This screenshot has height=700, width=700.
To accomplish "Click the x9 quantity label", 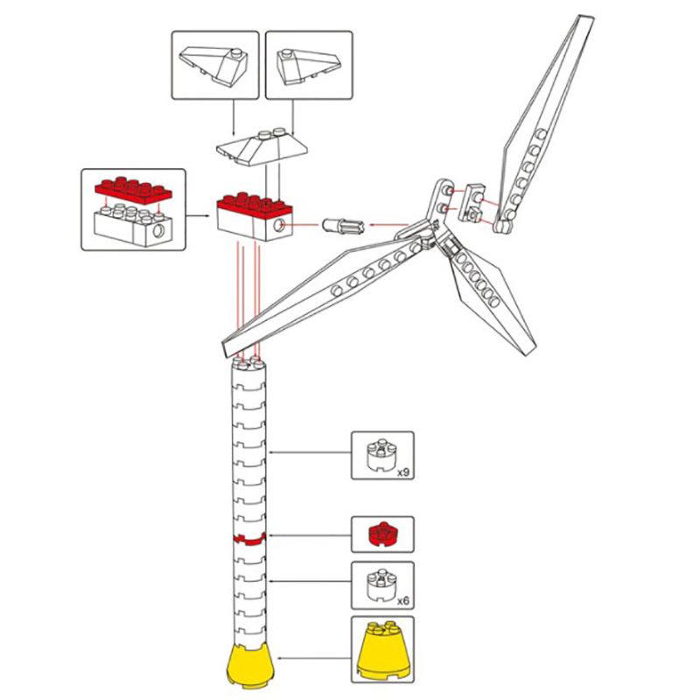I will (404, 472).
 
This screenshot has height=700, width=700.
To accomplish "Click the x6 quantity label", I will (404, 601).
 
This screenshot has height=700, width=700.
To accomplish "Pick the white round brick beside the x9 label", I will (380, 455).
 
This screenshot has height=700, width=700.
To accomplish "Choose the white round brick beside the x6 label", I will (380, 584).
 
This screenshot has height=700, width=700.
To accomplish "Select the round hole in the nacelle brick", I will (281, 227).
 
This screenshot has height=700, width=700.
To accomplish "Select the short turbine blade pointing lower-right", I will (490, 298).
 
